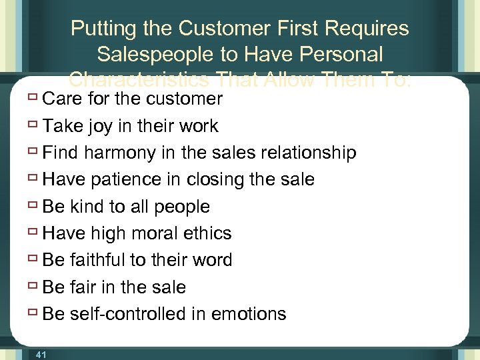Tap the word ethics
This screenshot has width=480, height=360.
[x=209, y=233]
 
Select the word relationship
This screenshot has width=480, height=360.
[x=309, y=153]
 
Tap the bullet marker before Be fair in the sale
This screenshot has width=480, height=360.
[x=33, y=287]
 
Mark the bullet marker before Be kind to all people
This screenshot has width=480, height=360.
[x=33, y=207]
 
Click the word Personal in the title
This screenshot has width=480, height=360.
[x=342, y=54]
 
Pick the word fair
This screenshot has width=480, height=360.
[x=81, y=287]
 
